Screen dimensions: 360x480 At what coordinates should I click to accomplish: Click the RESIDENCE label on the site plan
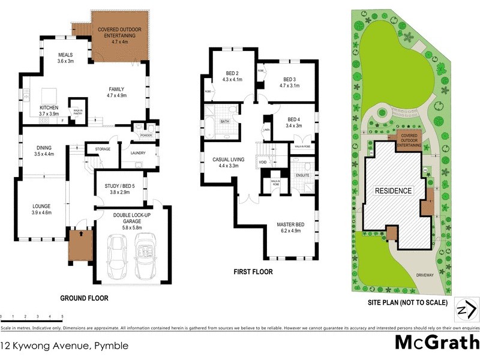point(394,191)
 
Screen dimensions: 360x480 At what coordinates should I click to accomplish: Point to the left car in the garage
point(116,256)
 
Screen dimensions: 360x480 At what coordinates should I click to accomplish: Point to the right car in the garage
point(146,256)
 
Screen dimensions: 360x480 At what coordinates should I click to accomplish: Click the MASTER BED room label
point(290,228)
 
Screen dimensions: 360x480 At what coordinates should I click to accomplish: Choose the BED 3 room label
point(290,83)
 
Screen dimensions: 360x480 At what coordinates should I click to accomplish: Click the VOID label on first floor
point(263,163)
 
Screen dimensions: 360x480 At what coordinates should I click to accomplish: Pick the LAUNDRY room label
point(139,153)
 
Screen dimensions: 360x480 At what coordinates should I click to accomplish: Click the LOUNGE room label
point(41,209)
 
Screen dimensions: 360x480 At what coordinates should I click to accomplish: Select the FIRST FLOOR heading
point(253,272)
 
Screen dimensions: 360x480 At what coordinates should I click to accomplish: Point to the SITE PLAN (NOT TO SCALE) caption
point(407,302)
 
